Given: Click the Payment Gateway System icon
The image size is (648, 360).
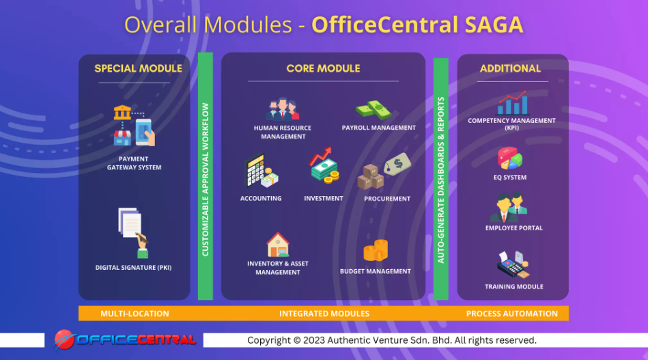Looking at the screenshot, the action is tap(134, 126).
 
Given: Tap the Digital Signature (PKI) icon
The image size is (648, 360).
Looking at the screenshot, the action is tap(133, 233).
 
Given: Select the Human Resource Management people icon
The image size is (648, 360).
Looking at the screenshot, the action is tap(282, 109).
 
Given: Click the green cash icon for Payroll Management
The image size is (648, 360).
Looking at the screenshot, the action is tap(374, 111).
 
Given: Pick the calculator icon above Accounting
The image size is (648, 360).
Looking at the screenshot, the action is tap(261, 170).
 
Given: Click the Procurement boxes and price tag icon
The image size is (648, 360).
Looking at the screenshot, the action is tap(384, 171).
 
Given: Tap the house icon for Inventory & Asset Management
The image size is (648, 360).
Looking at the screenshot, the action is tap(278, 245).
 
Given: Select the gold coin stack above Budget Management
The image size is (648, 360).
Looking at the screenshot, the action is tap(376, 251).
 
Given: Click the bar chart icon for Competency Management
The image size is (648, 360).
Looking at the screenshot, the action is tap(512, 102).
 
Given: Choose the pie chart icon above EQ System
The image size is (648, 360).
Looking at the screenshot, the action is tap(509, 158).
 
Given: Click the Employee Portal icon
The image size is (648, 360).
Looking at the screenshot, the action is tap(509, 207).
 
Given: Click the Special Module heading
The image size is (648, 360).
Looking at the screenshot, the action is tap(138, 68).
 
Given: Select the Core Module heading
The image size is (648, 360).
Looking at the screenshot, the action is tap(323, 68).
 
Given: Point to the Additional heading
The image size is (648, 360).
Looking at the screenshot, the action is tap(510, 68).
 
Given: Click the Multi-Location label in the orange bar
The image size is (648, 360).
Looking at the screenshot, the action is tap(135, 314).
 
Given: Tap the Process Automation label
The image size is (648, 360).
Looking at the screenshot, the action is tap(512, 314).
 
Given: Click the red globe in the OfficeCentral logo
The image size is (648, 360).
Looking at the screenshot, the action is tap(64, 340).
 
